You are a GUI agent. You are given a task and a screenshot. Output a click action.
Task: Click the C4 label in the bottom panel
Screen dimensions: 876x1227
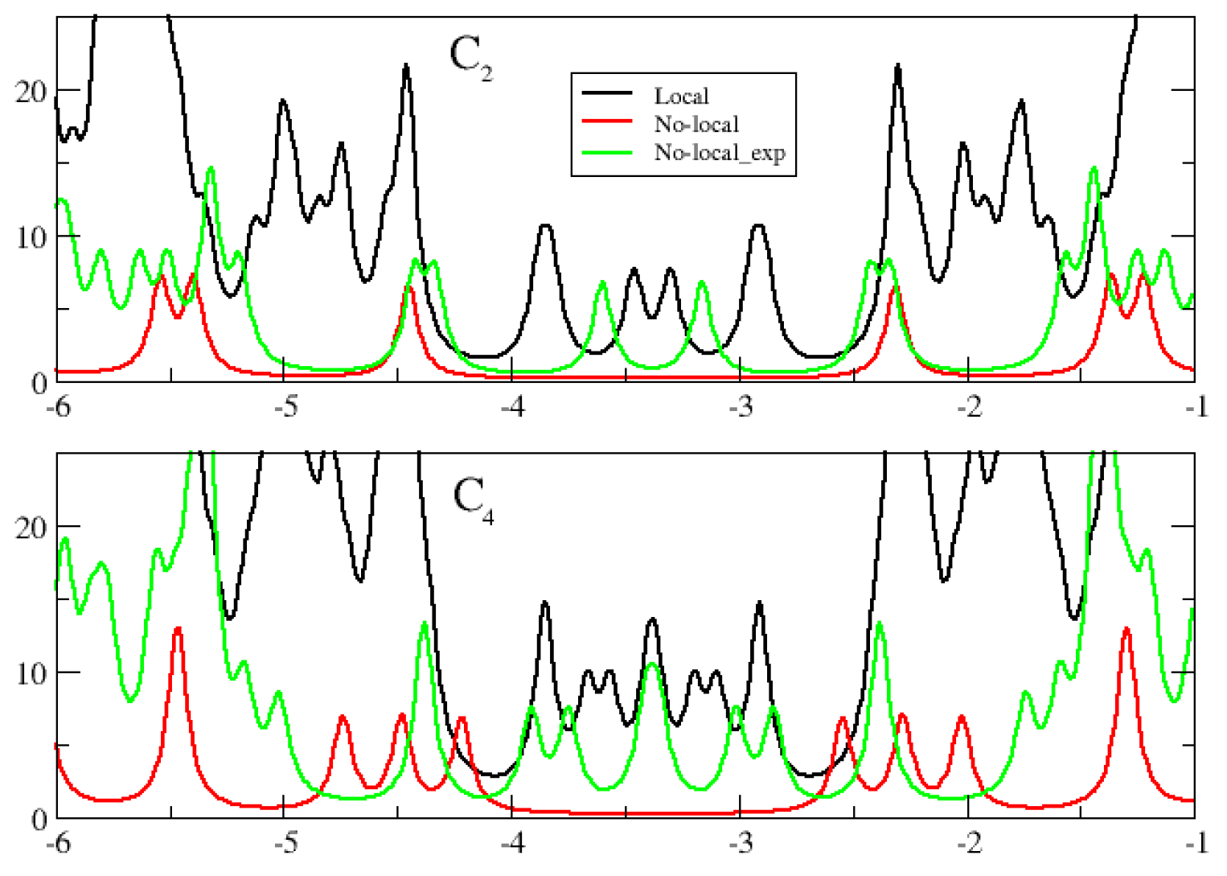(474, 499)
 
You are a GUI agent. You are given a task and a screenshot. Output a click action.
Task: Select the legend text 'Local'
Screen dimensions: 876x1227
(681, 97)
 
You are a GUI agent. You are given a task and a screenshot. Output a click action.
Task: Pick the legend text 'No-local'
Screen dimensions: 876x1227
(696, 125)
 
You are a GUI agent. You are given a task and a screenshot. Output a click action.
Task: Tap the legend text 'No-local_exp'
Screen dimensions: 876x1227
(719, 153)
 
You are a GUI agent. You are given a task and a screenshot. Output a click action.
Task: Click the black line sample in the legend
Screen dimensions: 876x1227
(607, 94)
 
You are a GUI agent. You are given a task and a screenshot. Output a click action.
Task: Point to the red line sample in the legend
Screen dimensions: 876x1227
(607, 122)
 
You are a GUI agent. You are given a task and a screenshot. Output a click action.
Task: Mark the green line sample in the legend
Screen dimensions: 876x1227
(607, 150)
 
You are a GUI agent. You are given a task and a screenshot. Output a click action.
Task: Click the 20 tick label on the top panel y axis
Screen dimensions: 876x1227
(31, 92)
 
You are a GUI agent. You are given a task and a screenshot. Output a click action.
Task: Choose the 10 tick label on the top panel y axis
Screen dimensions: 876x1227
(31, 238)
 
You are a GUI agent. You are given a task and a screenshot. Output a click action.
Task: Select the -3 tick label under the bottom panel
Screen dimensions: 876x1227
(741, 843)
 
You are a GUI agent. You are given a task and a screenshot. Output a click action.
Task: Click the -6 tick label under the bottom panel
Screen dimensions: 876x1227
(58, 843)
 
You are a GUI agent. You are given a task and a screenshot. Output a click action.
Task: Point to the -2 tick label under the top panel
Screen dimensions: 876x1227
(969, 407)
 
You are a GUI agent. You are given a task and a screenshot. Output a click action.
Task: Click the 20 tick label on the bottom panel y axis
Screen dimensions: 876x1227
(31, 528)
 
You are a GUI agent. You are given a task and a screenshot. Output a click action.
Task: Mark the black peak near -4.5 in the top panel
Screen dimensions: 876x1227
(406, 66)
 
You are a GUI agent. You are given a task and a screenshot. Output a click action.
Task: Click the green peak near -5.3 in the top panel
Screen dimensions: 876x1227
(211, 168)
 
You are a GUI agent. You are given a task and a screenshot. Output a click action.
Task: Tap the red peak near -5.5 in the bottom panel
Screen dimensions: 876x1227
(178, 628)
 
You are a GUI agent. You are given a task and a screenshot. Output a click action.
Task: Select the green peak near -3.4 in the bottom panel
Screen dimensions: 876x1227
(653, 664)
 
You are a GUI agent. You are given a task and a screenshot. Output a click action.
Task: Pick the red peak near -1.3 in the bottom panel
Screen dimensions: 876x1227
(1127, 629)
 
